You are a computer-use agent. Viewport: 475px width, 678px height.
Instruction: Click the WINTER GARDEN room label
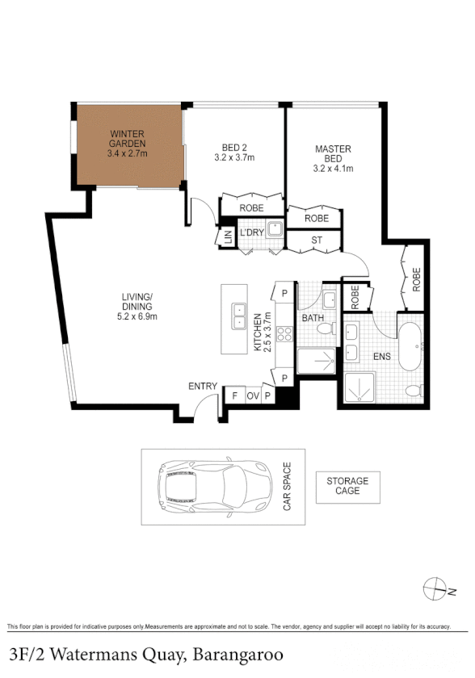(128, 143)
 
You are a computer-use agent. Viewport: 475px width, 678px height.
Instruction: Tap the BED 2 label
(234, 153)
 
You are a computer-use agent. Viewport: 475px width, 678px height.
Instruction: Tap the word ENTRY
(203, 386)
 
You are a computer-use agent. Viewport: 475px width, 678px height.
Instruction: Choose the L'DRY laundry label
(251, 232)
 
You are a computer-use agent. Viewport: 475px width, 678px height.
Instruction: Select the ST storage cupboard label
(316, 241)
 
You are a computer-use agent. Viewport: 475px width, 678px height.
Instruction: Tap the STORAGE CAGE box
(347, 486)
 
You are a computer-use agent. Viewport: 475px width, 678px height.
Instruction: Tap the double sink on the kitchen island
(240, 316)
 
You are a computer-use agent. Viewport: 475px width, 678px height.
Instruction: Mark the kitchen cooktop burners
(284, 335)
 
